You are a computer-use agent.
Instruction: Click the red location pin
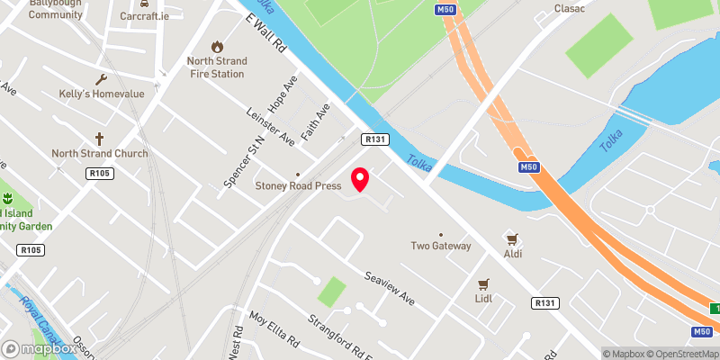click(x=360, y=179)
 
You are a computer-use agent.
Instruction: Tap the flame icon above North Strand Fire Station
click(x=216, y=46)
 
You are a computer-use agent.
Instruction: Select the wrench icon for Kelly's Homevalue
click(x=101, y=79)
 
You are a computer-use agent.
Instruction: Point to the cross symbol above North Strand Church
click(x=99, y=139)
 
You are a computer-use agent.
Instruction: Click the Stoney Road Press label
click(x=298, y=186)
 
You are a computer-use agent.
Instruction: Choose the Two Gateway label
click(x=441, y=246)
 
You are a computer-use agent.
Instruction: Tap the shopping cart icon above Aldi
click(x=513, y=238)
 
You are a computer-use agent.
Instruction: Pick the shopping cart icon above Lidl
click(x=483, y=283)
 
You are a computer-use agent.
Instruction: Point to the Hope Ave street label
click(x=288, y=94)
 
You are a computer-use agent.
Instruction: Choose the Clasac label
click(x=570, y=8)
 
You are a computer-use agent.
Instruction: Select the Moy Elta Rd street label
click(x=274, y=330)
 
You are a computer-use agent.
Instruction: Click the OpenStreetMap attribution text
click(x=683, y=354)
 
